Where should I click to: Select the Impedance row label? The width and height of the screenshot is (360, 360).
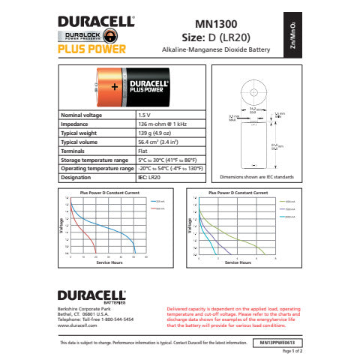(x=76, y=123)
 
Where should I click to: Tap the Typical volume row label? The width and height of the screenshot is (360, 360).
(x=80, y=141)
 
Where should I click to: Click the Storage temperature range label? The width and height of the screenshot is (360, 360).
(x=93, y=159)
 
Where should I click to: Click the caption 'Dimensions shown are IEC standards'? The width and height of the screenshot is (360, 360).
(x=256, y=177)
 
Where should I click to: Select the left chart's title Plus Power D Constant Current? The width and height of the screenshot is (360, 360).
(x=110, y=193)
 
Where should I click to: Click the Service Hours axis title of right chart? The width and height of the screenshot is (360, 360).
(x=238, y=262)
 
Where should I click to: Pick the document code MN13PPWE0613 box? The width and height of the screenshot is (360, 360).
(x=277, y=342)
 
